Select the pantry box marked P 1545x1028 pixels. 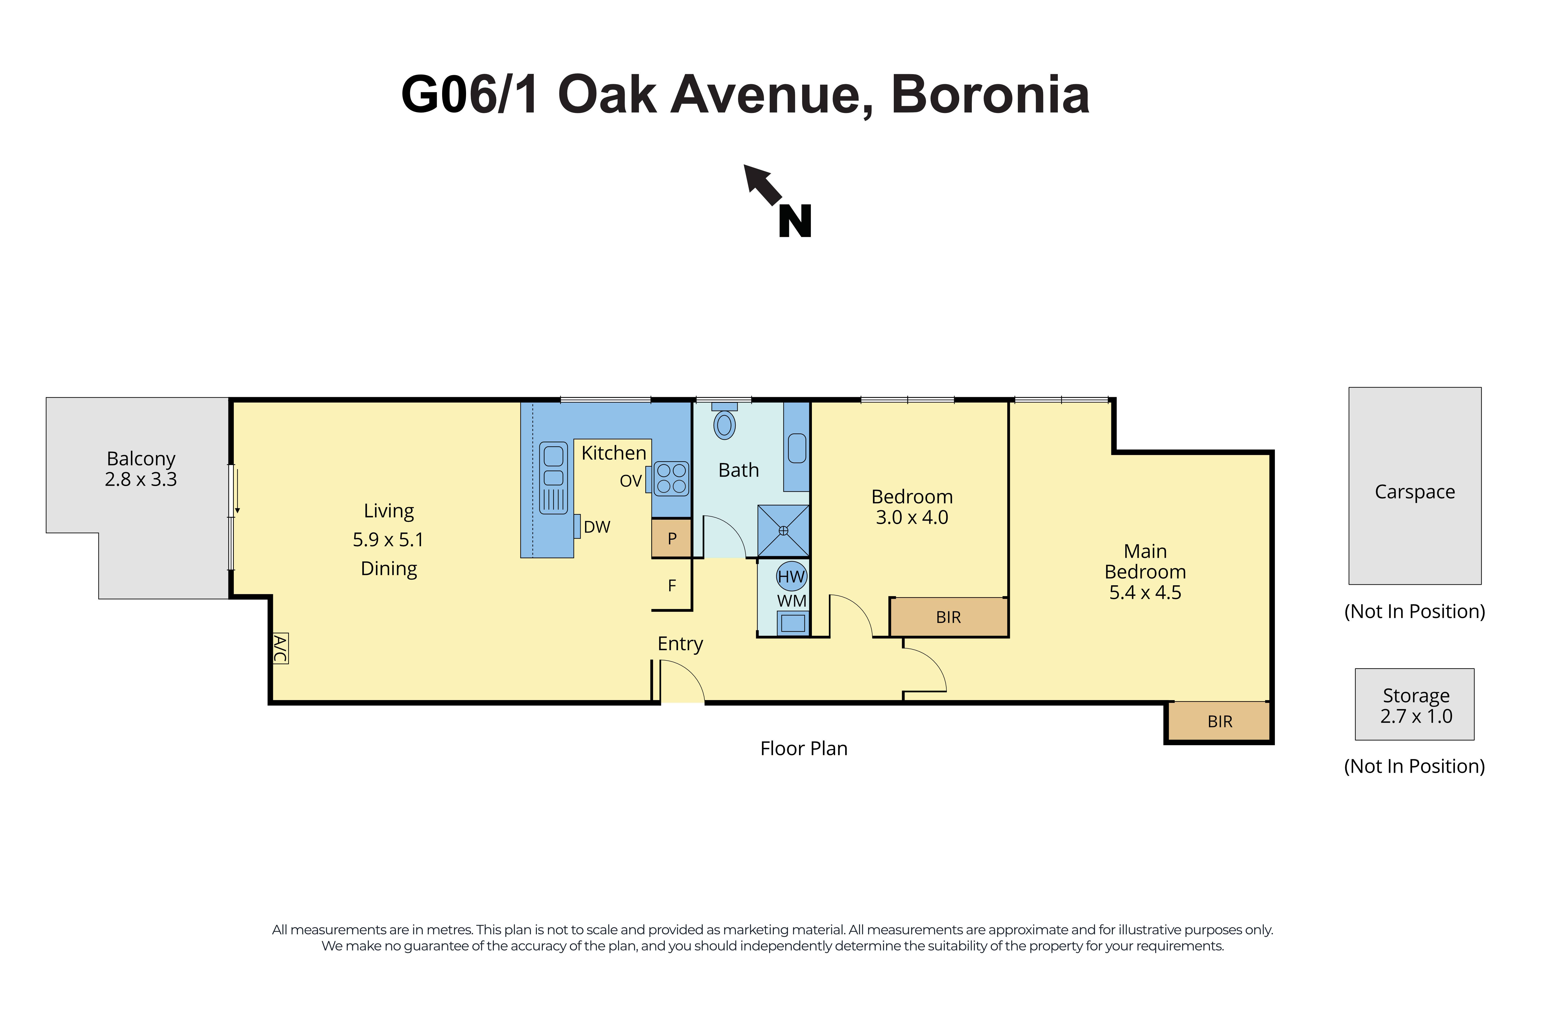coord(672,538)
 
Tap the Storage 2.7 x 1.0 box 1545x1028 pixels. coord(1415,705)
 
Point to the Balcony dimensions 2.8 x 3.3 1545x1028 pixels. coord(141,479)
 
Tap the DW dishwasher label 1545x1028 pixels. coord(597,526)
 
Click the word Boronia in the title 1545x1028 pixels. coord(990,95)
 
